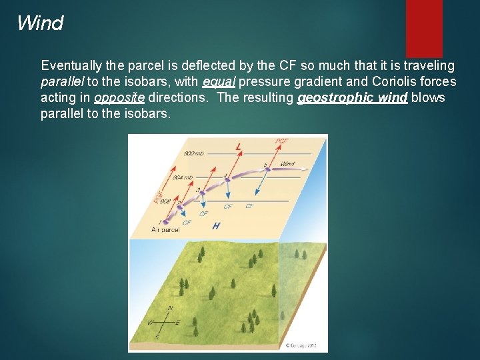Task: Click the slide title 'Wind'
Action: [40, 23]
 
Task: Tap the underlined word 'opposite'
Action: [120, 98]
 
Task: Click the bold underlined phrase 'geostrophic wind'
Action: [352, 98]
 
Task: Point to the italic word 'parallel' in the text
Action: [61, 82]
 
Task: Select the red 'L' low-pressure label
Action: [239, 147]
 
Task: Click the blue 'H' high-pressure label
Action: [215, 226]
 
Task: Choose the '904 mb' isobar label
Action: [182, 177]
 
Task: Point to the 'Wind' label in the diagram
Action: [287, 163]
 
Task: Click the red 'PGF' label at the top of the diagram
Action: [282, 141]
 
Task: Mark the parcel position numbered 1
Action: [160, 221]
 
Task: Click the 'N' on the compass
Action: [170, 308]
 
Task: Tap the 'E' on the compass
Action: [178, 323]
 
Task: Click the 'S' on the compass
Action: [158, 337]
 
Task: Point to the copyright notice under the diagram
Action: [303, 346]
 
